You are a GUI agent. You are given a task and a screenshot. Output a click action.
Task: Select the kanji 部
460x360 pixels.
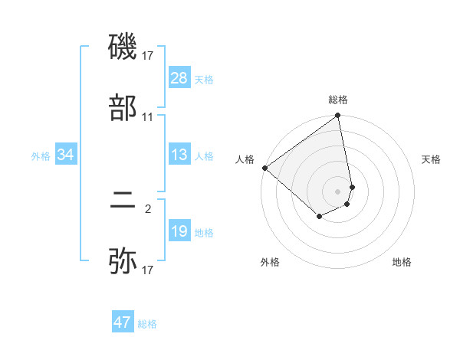tap(123, 107)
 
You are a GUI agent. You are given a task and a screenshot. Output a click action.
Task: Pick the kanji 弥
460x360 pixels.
tap(123, 260)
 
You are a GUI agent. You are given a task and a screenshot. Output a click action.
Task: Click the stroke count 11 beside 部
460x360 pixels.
tap(148, 117)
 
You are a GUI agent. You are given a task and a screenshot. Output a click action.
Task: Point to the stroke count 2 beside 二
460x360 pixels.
tap(148, 207)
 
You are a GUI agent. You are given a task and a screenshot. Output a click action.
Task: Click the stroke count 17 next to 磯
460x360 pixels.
tap(148, 55)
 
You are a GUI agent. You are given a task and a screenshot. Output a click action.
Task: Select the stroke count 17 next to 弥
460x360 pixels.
tap(148, 270)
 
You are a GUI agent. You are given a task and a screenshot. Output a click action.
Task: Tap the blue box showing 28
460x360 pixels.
tap(179, 78)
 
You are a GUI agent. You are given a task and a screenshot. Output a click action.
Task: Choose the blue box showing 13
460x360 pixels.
tap(179, 155)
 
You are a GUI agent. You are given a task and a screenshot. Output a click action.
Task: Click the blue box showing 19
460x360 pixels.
tap(179, 231)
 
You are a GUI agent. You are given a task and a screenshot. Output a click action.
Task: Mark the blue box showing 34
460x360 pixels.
tap(66, 155)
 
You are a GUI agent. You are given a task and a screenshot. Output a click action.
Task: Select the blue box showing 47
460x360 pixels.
tap(123, 322)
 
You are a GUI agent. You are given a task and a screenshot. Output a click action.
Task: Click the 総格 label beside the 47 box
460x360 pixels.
tap(147, 324)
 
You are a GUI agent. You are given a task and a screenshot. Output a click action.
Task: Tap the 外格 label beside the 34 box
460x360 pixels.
tap(41, 156)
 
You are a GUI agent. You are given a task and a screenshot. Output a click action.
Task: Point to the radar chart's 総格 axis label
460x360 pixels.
tap(338, 100)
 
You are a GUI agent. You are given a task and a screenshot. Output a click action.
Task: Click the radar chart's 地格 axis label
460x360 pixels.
tap(402, 263)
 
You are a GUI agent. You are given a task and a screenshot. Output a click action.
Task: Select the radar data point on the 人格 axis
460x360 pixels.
tap(264, 168)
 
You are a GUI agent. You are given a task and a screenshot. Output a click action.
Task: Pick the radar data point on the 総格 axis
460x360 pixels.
tap(338, 117)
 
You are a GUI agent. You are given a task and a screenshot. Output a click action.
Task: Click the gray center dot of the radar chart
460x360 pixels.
tap(338, 191)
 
